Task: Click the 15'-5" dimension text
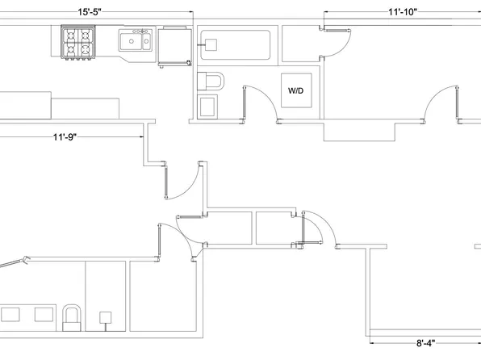point(90,12)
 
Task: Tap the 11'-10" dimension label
point(403,12)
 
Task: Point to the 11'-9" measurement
point(65,137)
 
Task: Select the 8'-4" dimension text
point(425,343)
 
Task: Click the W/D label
point(295,90)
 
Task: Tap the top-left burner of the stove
point(70,35)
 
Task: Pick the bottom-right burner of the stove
point(86,48)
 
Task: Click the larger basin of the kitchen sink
point(131,41)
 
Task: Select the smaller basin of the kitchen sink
point(147,41)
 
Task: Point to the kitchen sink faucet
point(142,31)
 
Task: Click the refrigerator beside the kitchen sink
point(175,46)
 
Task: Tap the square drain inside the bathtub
point(211,45)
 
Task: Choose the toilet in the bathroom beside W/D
point(211,81)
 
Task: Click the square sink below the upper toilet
point(207,107)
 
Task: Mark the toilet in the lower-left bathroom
point(72,318)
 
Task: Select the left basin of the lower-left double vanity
point(10,315)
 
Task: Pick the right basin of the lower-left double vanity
point(44,315)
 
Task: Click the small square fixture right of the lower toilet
point(105,318)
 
